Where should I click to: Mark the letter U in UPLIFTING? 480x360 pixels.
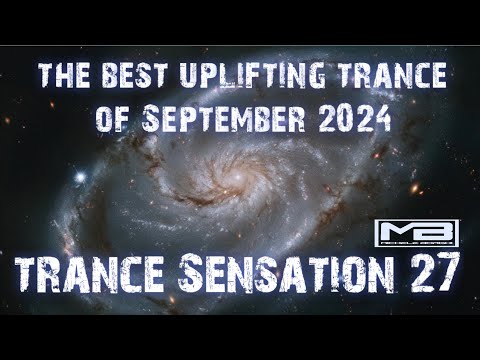click(175, 74)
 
